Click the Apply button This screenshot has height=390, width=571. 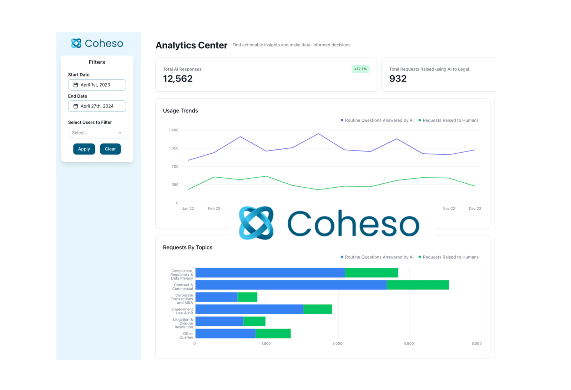coord(84,149)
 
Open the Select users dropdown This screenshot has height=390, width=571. coord(97,133)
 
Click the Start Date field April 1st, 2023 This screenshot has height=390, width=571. coord(97,85)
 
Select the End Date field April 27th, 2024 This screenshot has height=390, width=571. coord(97,106)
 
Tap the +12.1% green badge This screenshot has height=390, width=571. coord(360,69)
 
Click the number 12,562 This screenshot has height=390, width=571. coord(178,79)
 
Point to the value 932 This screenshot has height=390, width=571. coord(398,79)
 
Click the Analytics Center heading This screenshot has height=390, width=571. coord(191,45)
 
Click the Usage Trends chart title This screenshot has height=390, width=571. coord(180,111)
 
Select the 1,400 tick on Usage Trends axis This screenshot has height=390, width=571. coord(173,130)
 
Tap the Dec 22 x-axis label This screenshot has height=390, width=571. coord(474,209)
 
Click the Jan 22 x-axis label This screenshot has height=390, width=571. coord(188,209)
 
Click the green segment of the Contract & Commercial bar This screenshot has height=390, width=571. coord(418,285)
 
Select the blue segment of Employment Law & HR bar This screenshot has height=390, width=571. coord(249,309)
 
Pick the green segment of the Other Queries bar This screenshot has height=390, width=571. coord(273,334)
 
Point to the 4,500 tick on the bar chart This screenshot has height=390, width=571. coord(409,344)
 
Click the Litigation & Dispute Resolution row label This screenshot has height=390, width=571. coord(183,323)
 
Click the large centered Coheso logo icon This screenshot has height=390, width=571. coord(256,223)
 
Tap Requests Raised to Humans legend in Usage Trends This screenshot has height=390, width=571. coord(450,120)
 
